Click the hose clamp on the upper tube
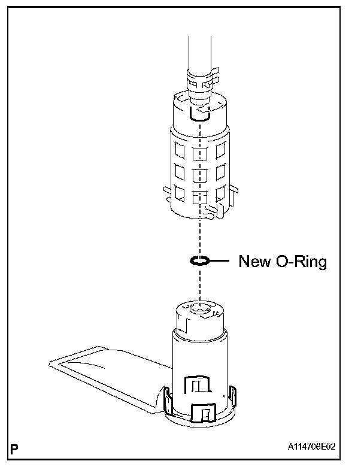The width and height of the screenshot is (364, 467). pyautogui.click(x=200, y=78)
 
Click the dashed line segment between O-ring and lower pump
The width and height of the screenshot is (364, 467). pyautogui.click(x=200, y=284)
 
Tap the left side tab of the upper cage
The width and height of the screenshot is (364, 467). pyautogui.click(x=168, y=192)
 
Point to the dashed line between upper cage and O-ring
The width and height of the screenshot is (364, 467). pyautogui.click(x=200, y=236)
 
